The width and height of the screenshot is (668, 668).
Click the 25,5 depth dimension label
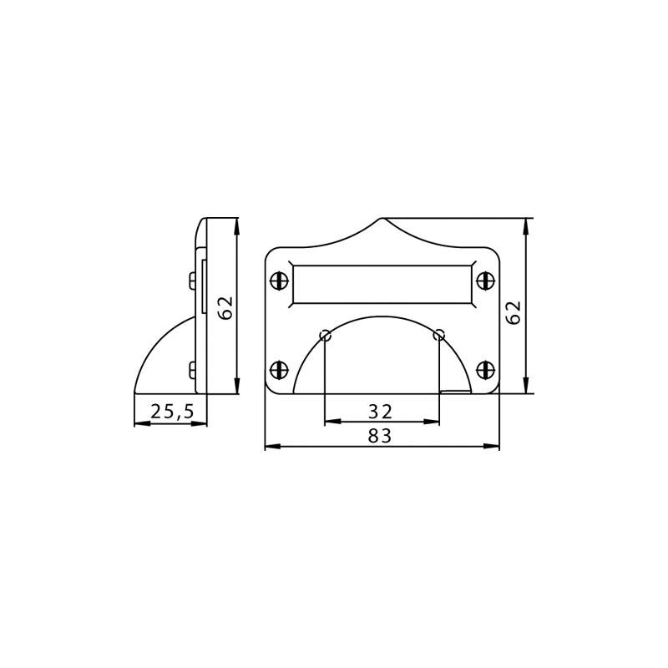point(172,412)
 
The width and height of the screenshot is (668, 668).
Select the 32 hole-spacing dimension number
point(380,412)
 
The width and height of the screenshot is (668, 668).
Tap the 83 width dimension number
point(380,436)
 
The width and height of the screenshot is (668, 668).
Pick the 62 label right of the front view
point(514,312)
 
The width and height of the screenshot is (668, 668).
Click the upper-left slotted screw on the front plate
point(280,281)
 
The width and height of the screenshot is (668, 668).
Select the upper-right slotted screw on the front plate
point(485,281)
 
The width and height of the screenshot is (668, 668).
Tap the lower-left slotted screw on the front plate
point(280,369)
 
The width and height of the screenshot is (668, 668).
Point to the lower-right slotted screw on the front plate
point(485,369)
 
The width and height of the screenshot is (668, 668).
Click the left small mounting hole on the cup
point(326,336)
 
